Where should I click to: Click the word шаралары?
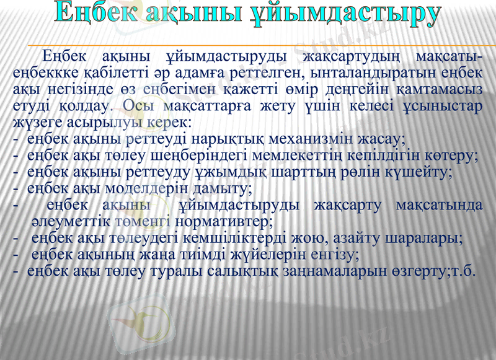(x=428, y=237)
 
